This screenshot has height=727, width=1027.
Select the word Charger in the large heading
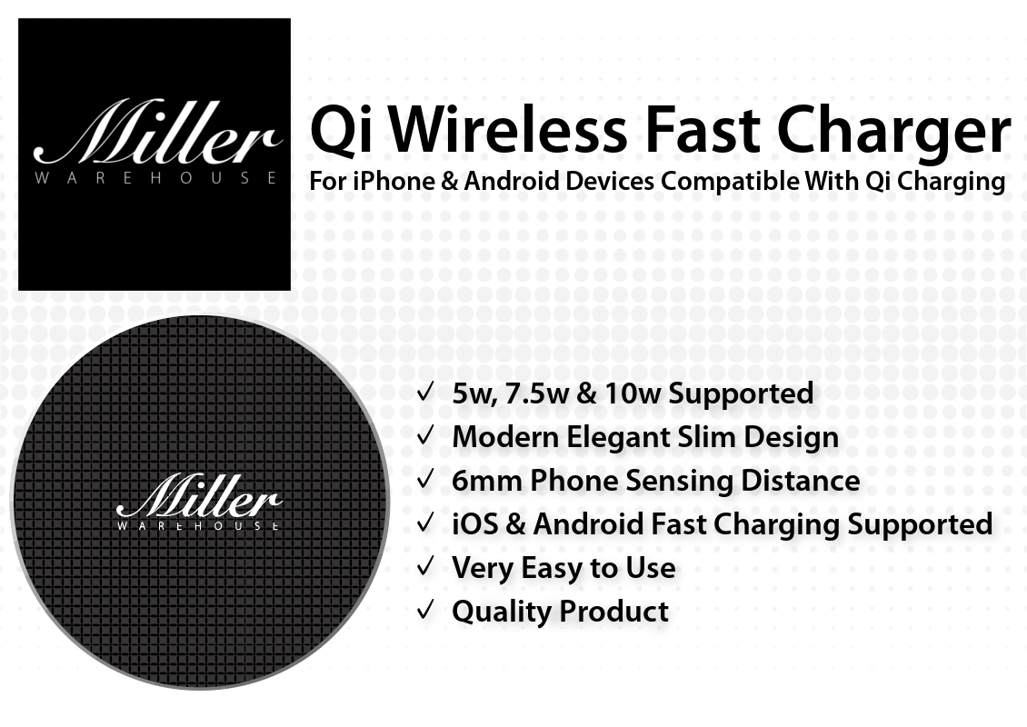coord(894,134)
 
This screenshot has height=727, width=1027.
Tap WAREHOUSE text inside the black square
coord(156,178)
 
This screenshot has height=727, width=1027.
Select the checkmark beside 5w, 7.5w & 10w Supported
coord(425,392)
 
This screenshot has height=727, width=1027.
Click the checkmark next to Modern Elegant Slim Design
coord(425,435)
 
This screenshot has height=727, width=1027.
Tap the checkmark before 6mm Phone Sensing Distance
coord(425,479)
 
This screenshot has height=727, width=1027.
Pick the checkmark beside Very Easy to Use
coord(425,566)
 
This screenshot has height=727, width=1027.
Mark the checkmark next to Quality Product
coord(425,610)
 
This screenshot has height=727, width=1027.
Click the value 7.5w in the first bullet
coord(533,393)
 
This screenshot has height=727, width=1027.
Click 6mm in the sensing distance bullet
coord(486,480)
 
